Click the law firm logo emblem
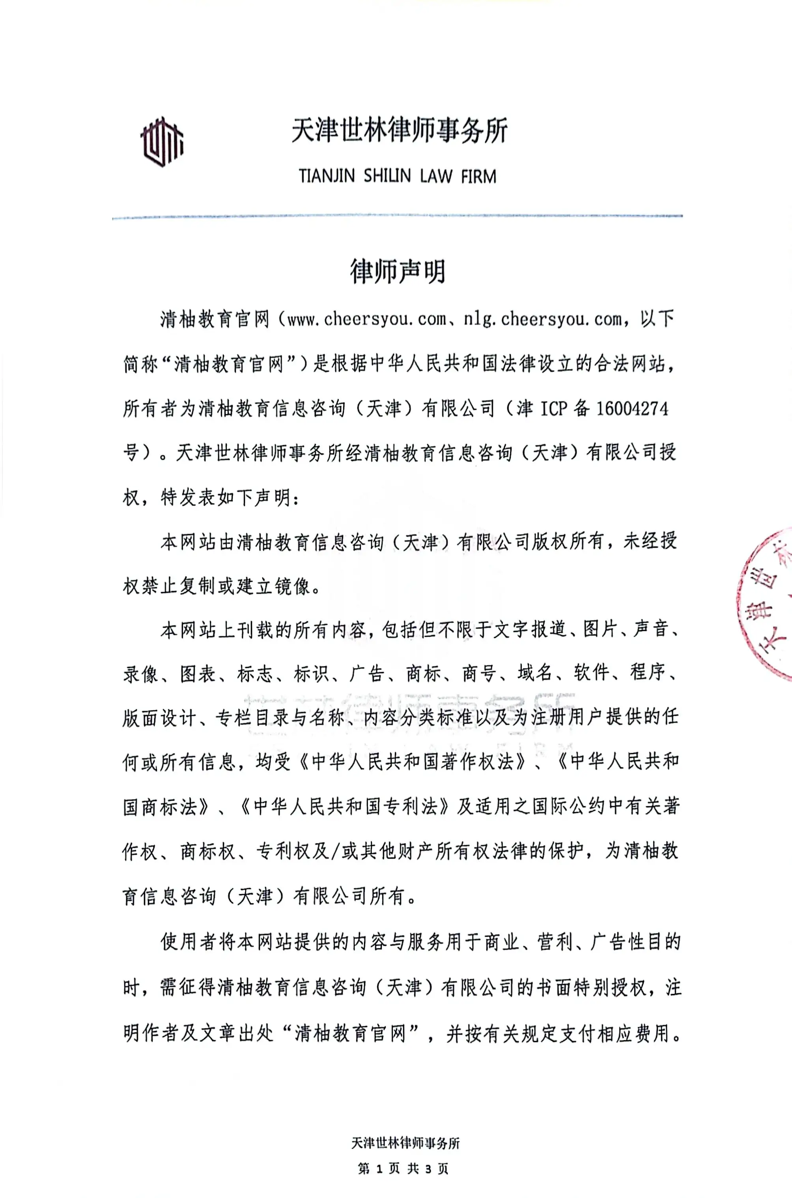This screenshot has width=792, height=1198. [162, 142]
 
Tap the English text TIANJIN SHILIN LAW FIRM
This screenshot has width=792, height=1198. [398, 176]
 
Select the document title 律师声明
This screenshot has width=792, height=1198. [398, 271]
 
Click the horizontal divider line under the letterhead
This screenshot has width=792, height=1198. [398, 217]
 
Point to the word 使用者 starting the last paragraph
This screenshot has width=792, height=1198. [189, 942]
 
